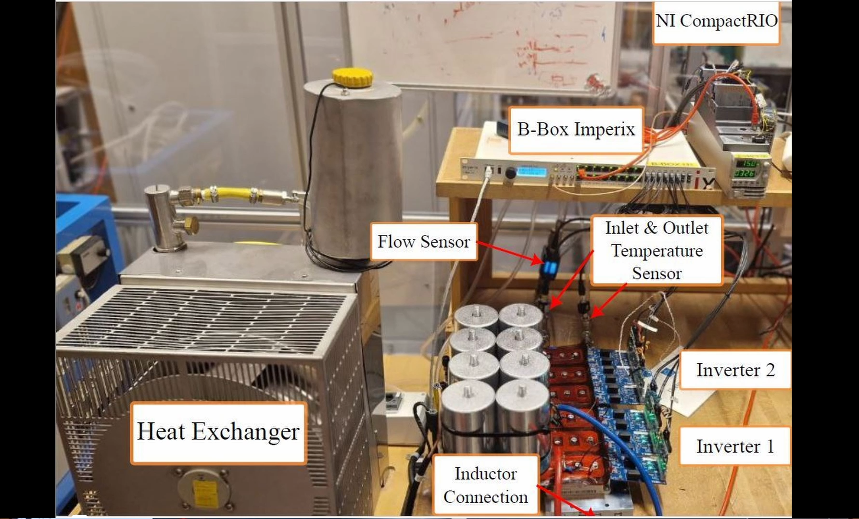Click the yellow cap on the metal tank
point(352,77)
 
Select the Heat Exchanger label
point(218,432)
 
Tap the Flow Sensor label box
point(423,241)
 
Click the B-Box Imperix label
point(576,129)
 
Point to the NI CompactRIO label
point(716,22)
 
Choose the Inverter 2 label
point(735,370)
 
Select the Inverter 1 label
point(735,446)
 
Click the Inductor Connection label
point(485,485)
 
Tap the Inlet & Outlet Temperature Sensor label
point(657,250)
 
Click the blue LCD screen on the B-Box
point(532,172)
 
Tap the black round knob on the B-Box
point(510,173)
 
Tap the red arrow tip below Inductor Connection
point(591,512)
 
